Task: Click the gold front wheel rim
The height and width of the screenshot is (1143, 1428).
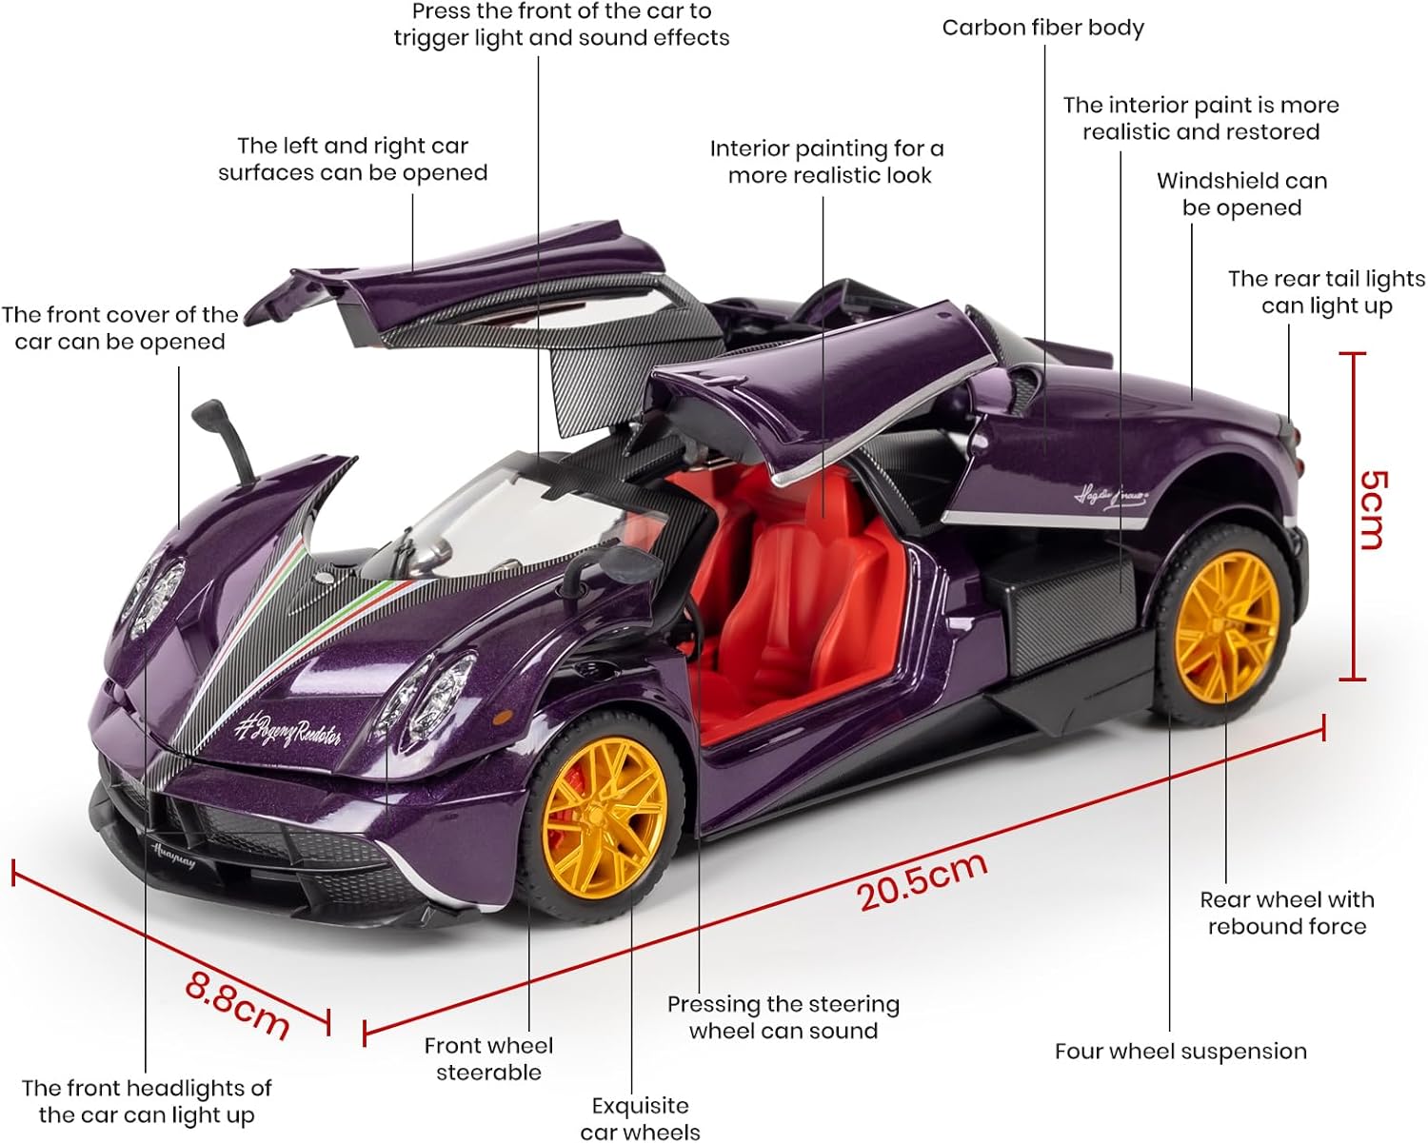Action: pos(605,818)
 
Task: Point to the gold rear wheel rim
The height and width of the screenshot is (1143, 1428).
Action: pos(1227,627)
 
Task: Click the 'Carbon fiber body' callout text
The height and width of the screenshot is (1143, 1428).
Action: pos(1043,28)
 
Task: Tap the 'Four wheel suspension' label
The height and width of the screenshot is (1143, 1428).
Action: pos(1180,1052)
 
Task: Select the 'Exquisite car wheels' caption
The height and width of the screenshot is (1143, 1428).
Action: pos(641,1118)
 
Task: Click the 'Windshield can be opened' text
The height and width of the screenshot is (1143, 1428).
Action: pos(1241,194)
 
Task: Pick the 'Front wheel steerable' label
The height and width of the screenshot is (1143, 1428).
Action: pos(488,1058)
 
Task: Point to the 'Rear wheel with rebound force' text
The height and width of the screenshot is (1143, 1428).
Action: pos(1287,913)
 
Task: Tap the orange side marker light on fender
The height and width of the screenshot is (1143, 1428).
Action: pos(503,718)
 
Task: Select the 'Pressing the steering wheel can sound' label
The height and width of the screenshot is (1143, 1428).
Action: pos(783,1017)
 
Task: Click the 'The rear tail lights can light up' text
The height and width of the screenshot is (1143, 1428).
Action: pos(1326,292)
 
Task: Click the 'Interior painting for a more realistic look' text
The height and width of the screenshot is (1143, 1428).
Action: pos(826,162)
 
